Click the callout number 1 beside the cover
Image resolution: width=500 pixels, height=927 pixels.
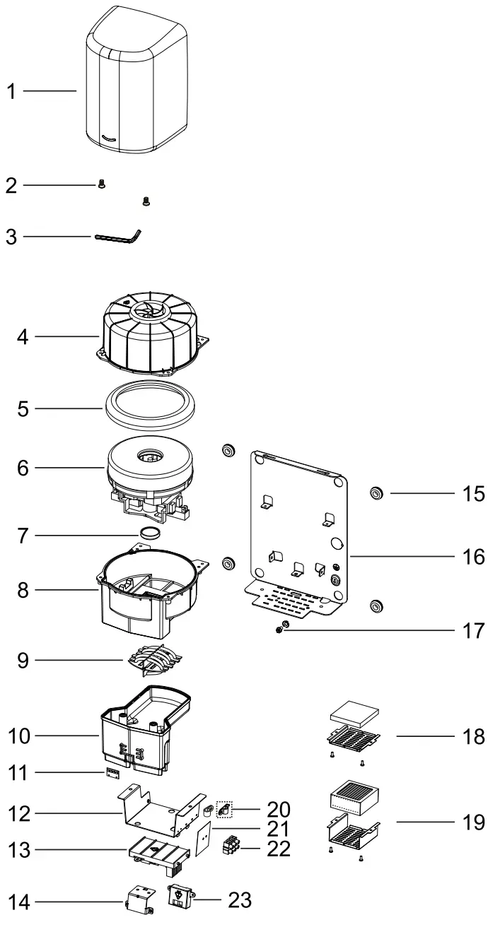point(11,92)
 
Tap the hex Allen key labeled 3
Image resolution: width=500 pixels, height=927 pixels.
point(118,237)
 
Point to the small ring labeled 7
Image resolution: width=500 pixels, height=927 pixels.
point(151,533)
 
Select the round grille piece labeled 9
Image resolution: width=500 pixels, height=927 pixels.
point(155,659)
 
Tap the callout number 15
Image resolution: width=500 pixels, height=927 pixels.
point(473,493)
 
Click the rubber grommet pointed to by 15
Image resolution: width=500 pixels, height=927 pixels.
point(376,492)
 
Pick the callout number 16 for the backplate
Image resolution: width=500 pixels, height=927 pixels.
point(474,557)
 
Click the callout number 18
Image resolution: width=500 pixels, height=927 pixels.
point(474,737)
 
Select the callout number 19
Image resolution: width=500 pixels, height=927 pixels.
point(474,822)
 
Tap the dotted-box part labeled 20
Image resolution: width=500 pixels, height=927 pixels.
point(224,808)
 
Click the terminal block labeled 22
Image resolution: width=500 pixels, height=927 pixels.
point(233,845)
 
